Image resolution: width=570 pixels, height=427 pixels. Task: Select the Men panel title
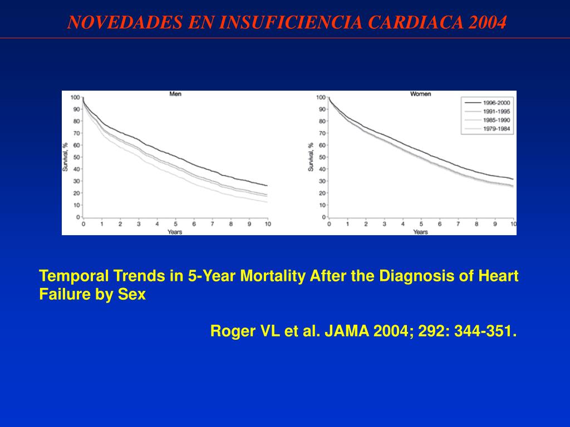pos(175,94)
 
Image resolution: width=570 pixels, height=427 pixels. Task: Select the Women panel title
pos(420,94)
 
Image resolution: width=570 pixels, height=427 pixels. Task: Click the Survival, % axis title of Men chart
pos(66,157)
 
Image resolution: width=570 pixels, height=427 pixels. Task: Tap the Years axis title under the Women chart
pos(420,231)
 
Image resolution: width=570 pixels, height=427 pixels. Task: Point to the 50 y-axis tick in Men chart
pos(76,157)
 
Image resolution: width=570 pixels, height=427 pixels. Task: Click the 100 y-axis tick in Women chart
pos(321,98)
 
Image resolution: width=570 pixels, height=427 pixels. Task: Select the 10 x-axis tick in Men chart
pos(267,224)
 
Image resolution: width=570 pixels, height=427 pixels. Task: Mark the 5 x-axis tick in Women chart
pos(421,224)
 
